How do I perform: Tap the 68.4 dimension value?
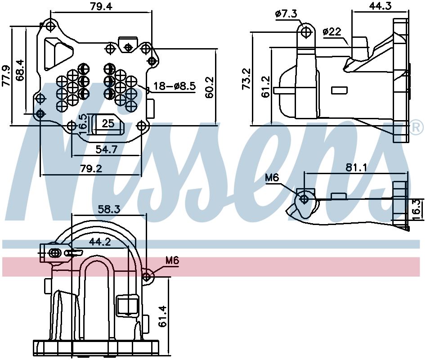(20, 70)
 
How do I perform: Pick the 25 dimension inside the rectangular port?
(108, 123)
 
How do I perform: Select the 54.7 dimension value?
(107, 149)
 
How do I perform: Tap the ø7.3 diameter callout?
(286, 14)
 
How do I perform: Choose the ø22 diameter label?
(332, 31)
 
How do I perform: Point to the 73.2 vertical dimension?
(246, 79)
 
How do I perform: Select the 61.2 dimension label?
(265, 86)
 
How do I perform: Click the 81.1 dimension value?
(357, 167)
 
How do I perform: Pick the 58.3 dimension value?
(109, 209)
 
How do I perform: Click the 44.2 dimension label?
(100, 242)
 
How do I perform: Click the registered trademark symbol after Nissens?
(417, 128)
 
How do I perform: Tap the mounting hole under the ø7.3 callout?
(307, 32)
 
